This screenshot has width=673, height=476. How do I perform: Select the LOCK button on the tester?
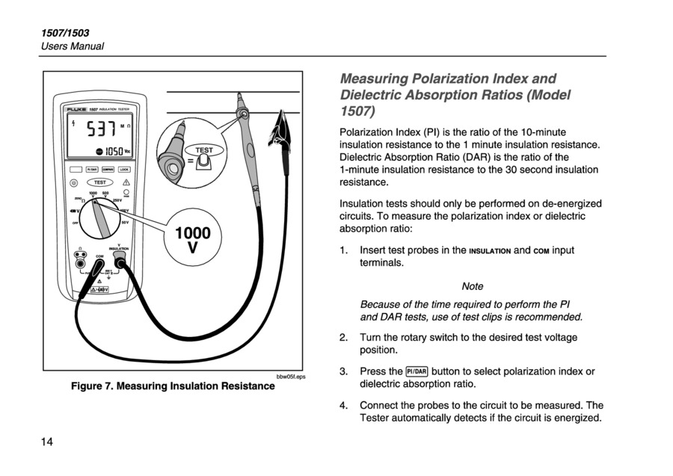pyautogui.click(x=124, y=170)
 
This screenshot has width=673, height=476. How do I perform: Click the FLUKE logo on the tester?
pyautogui.click(x=76, y=110)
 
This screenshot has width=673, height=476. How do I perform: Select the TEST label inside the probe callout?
pyautogui.click(x=204, y=150)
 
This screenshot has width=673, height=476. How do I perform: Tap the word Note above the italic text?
pyautogui.click(x=473, y=286)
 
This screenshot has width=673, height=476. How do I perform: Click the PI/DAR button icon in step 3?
pyautogui.click(x=416, y=371)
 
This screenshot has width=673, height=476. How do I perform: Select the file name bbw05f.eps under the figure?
pyautogui.click(x=290, y=377)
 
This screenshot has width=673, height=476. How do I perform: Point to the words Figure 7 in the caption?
pyautogui.click(x=91, y=386)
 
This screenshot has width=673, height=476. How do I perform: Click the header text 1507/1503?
pyautogui.click(x=65, y=33)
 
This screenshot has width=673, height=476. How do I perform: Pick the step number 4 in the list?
pyautogui.click(x=343, y=406)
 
